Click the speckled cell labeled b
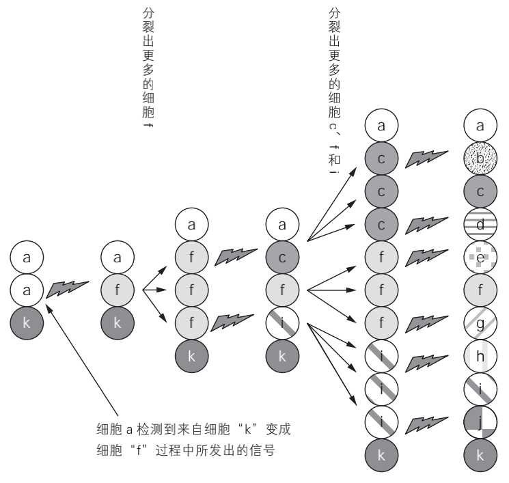tap(480, 159)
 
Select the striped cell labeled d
tap(480, 223)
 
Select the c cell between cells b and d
tap(480, 191)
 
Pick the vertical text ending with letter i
tap(334, 89)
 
